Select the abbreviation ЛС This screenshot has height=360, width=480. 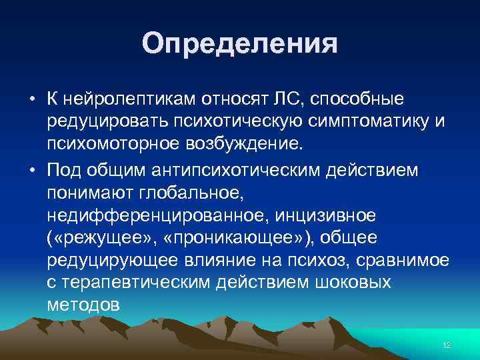tap(286, 99)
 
